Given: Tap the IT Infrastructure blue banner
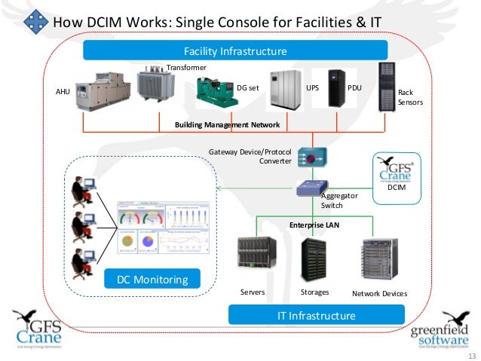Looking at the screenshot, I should pos(316,314).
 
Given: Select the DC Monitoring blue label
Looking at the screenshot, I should pos(152,280).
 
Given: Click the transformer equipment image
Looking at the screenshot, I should pos(156,84).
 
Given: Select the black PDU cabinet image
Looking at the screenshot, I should pos(336,90).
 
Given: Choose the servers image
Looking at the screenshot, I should pos(256,259).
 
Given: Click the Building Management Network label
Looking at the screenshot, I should pos(227,124).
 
